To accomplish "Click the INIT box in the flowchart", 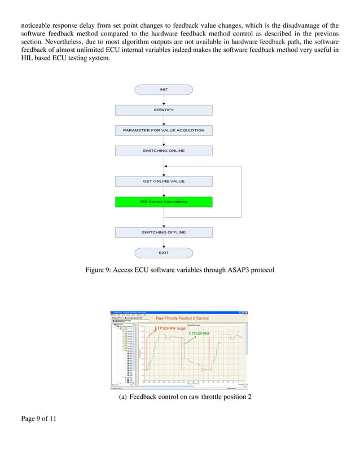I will pyautogui.click(x=164, y=90).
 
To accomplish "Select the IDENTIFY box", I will pyautogui.click(x=164, y=110).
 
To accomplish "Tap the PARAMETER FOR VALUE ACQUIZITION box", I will pyautogui.click(x=164, y=130).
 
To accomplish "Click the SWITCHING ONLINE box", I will pyautogui.click(x=164, y=151).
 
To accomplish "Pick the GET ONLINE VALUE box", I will pyautogui.click(x=164, y=181).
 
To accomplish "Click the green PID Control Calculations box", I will pyautogui.click(x=164, y=201).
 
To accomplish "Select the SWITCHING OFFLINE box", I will pyautogui.click(x=164, y=232).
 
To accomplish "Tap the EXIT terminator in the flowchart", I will pyautogui.click(x=164, y=253).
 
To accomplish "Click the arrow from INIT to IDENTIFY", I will pyautogui.click(x=164, y=100).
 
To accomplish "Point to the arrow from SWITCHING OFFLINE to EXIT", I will pyautogui.click(x=164, y=243).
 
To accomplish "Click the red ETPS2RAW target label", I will pyautogui.click(x=170, y=328).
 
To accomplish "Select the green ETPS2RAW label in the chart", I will pyautogui.click(x=199, y=333).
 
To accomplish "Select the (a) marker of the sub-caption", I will pyautogui.click(x=122, y=398).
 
